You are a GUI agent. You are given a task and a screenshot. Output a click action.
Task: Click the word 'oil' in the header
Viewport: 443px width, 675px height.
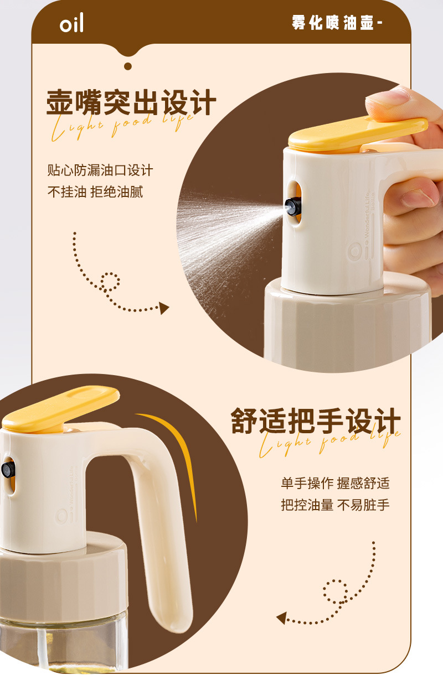coord(71,24)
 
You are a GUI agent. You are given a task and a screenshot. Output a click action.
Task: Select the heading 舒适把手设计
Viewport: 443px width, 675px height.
coord(315,422)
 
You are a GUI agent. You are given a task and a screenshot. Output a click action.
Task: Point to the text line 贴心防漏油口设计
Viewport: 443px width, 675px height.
coord(100,170)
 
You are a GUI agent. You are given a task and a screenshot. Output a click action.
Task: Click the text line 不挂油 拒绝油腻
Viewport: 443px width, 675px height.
coord(95,192)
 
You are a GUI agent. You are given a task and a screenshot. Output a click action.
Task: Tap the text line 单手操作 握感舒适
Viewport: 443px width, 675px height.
coord(335,483)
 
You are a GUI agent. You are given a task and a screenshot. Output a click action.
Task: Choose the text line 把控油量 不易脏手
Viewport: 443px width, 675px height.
coord(335,505)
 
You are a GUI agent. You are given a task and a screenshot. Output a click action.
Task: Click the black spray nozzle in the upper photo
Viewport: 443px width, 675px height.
coord(292,206)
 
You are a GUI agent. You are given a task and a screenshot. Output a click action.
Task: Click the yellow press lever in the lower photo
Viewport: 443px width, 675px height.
coord(61,408)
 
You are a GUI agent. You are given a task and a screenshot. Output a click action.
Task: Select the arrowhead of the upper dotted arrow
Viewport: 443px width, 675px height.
coord(164,308)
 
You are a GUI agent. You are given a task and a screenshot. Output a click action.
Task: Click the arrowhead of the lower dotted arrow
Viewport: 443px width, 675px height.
coord(281,617)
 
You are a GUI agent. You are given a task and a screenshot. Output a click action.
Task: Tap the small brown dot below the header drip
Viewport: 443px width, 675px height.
coord(128,66)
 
